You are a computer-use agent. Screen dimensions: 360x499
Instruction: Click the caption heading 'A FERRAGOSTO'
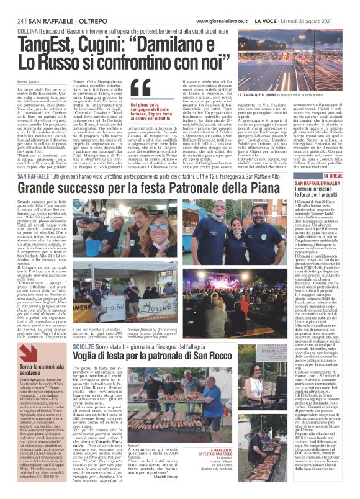pyautogui.click(x=256, y=448)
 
